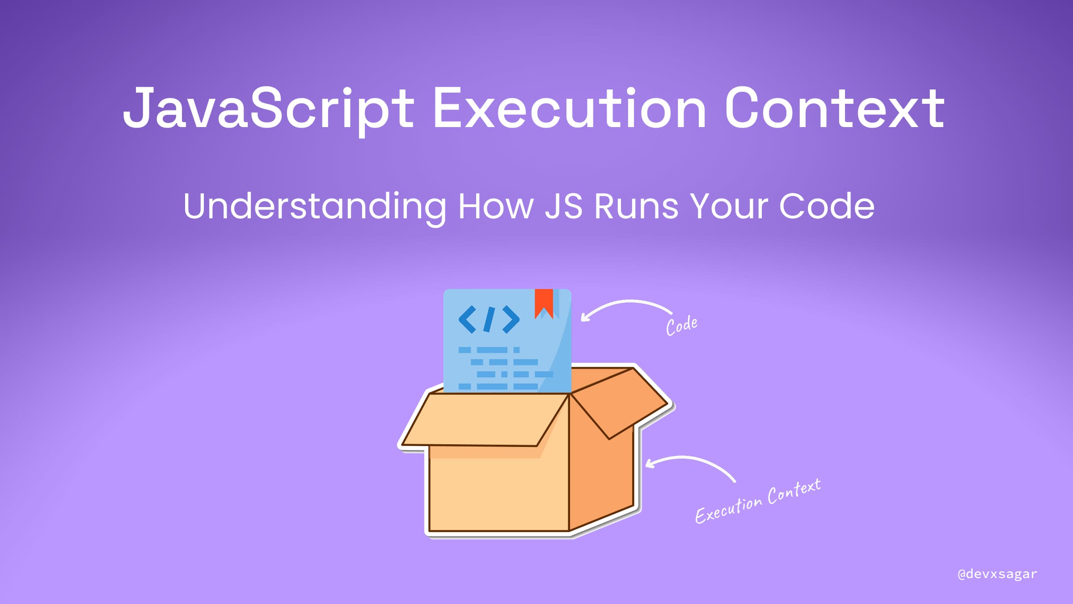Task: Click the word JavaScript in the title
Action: (x=269, y=109)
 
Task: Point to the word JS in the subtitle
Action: (x=564, y=206)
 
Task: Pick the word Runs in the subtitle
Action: (x=636, y=207)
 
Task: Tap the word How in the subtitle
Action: (x=496, y=206)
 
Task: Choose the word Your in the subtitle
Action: (x=728, y=206)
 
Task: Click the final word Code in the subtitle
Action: (x=827, y=206)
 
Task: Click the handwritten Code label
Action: (x=682, y=325)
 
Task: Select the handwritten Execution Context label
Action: (x=758, y=502)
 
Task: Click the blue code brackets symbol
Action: (x=489, y=319)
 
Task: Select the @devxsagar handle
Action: (x=997, y=574)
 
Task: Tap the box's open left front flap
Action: (x=485, y=419)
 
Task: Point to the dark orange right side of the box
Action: (x=601, y=479)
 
